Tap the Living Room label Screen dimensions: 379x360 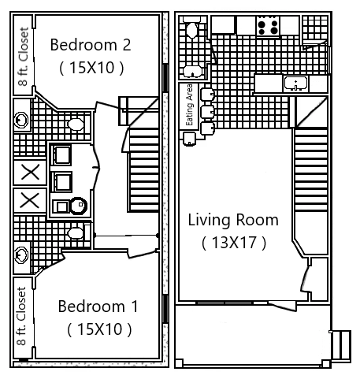click(x=232, y=220)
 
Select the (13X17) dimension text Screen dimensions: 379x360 click(x=233, y=242)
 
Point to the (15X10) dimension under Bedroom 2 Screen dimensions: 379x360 click(x=91, y=68)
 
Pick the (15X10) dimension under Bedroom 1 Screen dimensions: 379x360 click(x=98, y=328)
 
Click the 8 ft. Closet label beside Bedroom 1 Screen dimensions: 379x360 click(x=22, y=316)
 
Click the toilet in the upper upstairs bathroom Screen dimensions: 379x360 click(x=76, y=124)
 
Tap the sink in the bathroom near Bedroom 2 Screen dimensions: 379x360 click(x=21, y=120)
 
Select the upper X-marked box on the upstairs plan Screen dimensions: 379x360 click(x=30, y=171)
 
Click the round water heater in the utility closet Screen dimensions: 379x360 click(x=78, y=206)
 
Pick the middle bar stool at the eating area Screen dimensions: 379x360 click(x=207, y=111)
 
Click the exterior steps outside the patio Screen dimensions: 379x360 click(x=341, y=344)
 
